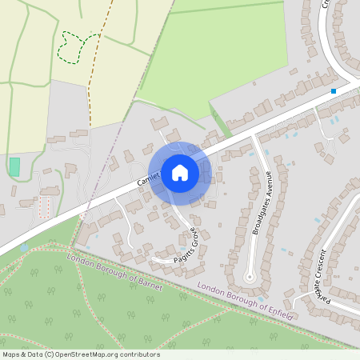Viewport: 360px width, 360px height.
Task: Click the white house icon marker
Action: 179,172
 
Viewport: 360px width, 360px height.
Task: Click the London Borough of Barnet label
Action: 115,272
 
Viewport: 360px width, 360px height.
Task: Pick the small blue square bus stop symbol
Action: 334,91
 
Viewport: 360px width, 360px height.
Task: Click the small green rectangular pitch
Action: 14,167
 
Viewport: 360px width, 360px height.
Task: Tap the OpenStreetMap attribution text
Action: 80,354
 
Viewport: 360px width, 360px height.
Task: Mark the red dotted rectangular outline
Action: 45,207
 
